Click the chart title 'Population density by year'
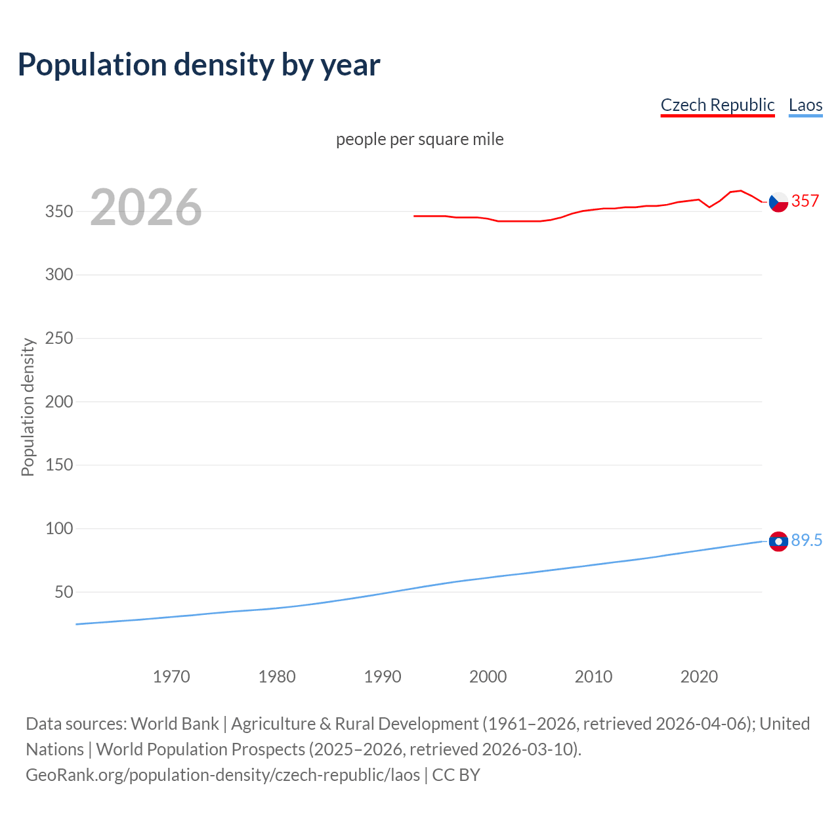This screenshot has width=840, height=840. (199, 65)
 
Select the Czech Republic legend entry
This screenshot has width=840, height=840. (717, 105)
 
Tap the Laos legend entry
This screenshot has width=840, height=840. (805, 105)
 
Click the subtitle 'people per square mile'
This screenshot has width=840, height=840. (420, 139)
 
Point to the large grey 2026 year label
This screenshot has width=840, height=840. (146, 207)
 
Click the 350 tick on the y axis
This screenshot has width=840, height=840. (59, 211)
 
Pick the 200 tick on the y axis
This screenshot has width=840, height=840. (59, 402)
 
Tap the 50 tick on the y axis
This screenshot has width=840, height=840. (64, 592)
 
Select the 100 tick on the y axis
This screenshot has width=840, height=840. (59, 528)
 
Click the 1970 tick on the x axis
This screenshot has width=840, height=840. (171, 677)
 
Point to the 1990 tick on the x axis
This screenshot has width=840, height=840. (383, 677)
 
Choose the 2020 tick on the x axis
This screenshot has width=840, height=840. (699, 677)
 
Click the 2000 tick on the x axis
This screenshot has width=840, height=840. (488, 677)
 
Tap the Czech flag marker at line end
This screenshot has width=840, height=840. (778, 202)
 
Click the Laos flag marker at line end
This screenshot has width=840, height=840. (778, 541)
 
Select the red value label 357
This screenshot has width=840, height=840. (805, 201)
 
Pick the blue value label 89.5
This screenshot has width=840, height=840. (807, 540)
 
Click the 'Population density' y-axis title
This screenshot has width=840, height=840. (28, 407)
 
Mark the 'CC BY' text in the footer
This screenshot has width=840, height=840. (456, 775)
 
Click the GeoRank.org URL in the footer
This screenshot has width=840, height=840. (222, 775)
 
